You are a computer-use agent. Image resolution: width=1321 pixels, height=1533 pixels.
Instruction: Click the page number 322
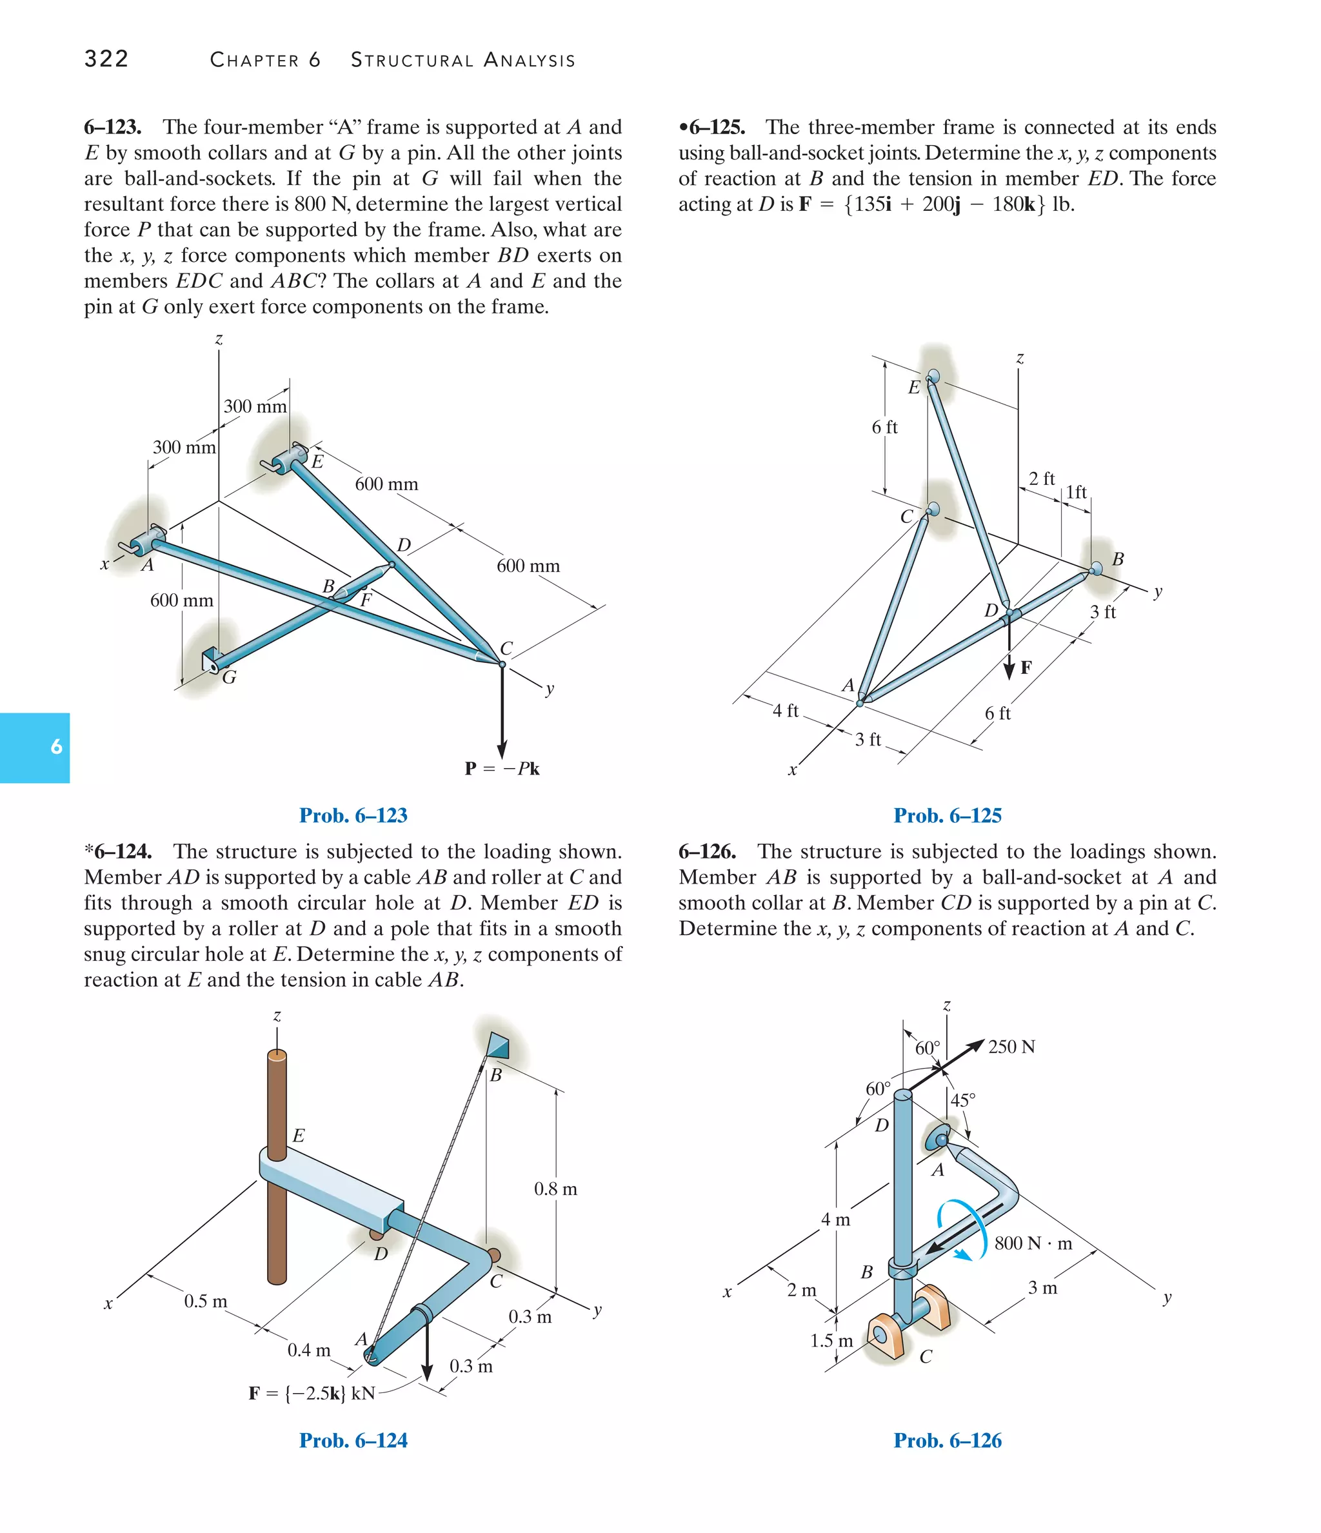click(106, 59)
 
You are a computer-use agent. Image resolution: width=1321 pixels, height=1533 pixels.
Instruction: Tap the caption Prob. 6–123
click(353, 815)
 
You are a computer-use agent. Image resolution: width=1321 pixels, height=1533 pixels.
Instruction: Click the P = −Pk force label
click(502, 769)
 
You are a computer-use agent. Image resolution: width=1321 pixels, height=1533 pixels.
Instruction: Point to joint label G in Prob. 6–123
click(230, 677)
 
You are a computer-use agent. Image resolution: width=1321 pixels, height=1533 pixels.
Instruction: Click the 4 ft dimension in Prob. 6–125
click(785, 711)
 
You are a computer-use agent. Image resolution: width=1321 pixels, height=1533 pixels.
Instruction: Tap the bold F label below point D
click(1026, 668)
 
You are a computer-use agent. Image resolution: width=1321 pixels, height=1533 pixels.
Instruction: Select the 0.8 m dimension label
click(555, 1189)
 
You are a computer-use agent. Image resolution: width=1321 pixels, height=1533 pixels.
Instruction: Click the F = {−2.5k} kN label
click(312, 1394)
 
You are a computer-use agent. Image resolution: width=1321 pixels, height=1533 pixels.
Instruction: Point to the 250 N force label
click(1011, 1047)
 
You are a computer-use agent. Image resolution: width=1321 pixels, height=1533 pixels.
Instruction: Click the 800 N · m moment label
click(1033, 1243)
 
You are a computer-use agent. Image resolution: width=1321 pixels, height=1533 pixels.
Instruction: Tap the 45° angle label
click(963, 1100)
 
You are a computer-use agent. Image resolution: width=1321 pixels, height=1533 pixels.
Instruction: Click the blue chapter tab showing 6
click(35, 747)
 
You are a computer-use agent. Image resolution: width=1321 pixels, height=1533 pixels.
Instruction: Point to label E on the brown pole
click(298, 1136)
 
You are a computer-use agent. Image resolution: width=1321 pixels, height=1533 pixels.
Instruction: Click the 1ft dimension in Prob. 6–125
click(1076, 492)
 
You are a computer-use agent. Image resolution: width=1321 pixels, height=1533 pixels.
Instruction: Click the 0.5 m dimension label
click(205, 1301)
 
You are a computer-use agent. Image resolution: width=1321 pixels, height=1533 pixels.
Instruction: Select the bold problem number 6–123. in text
click(112, 127)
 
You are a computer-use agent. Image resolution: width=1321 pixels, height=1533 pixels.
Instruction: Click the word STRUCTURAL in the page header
click(412, 60)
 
